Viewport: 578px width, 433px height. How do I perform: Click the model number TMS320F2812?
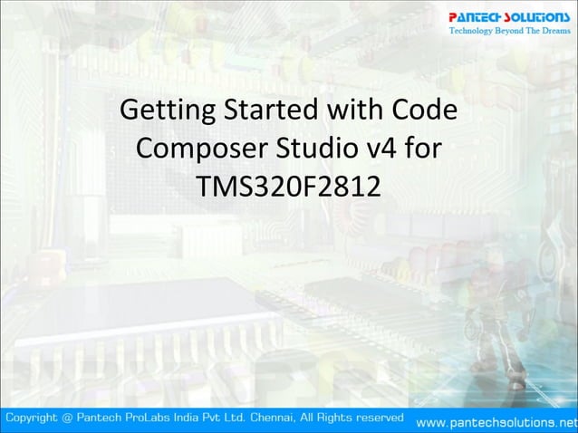(288, 184)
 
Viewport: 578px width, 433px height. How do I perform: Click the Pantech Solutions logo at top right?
(510, 17)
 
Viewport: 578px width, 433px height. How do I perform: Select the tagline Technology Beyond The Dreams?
(510, 32)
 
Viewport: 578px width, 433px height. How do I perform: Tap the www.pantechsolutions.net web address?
(495, 422)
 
